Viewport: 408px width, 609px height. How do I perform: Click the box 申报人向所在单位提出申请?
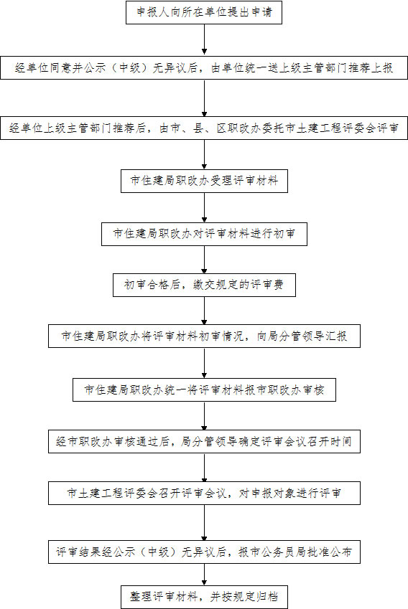(x=204, y=12)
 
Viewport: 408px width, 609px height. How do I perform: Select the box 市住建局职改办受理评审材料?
(x=204, y=181)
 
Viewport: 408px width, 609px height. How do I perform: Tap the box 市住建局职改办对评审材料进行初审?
(x=204, y=234)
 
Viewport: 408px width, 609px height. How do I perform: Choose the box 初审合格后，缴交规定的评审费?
(x=204, y=285)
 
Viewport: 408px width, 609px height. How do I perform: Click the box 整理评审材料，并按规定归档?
(x=204, y=597)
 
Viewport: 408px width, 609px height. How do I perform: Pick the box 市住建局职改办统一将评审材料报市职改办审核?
(x=204, y=390)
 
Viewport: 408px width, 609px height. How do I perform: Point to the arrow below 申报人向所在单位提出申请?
(x=204, y=39)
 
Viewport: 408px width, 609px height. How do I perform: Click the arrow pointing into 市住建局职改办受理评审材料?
(x=204, y=154)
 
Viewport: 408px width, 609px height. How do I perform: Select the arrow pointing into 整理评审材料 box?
(x=204, y=575)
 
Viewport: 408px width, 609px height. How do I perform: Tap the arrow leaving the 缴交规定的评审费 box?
(x=204, y=311)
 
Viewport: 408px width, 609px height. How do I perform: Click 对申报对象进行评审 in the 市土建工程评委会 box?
(x=289, y=494)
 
